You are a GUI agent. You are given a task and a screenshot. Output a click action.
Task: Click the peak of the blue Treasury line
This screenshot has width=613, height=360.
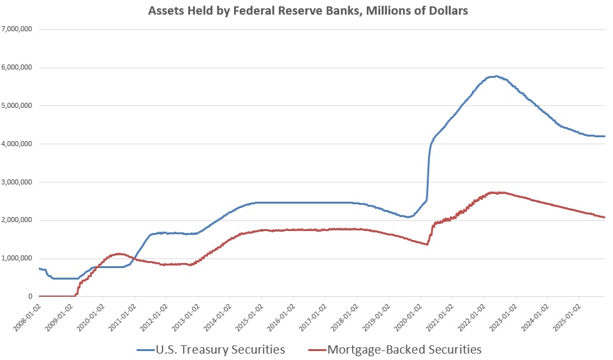pos(495,77)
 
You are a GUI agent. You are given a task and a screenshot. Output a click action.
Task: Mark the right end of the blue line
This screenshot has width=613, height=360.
pos(604,136)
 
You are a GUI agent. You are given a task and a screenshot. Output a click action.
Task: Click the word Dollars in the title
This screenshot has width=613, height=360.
pos(447,11)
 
